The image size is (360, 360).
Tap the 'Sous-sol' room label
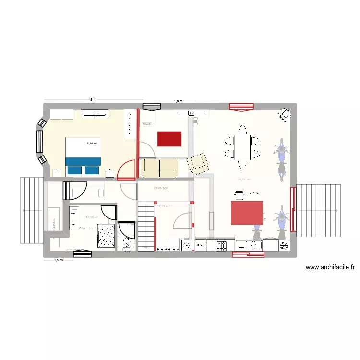tap(160, 188)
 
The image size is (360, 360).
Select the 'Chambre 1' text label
tap(87, 228)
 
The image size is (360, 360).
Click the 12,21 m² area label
tap(163, 207)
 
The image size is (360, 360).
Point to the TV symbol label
tap(191, 113)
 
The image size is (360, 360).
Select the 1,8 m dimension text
tap(178, 101)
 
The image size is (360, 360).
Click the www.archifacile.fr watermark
tap(330, 267)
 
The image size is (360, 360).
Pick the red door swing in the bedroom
tap(126, 170)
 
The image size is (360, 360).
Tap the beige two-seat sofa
tap(159, 168)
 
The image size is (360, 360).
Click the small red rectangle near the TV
tap(169, 139)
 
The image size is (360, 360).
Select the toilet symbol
tap(127, 245)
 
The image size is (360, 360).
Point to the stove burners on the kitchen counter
tap(221, 246)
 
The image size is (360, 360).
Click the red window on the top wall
tap(241, 107)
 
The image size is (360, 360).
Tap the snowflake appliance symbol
tap(284, 245)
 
